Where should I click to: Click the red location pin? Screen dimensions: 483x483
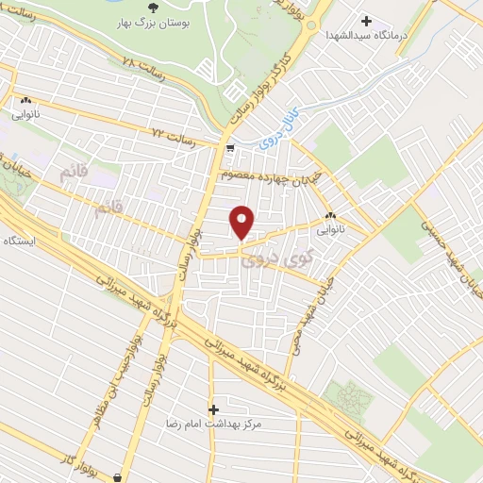[243, 222]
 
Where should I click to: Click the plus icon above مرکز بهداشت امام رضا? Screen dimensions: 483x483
[214, 409]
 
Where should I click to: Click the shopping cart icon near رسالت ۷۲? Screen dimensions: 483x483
[230, 147]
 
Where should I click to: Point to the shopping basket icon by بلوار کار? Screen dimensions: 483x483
[117, 477]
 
